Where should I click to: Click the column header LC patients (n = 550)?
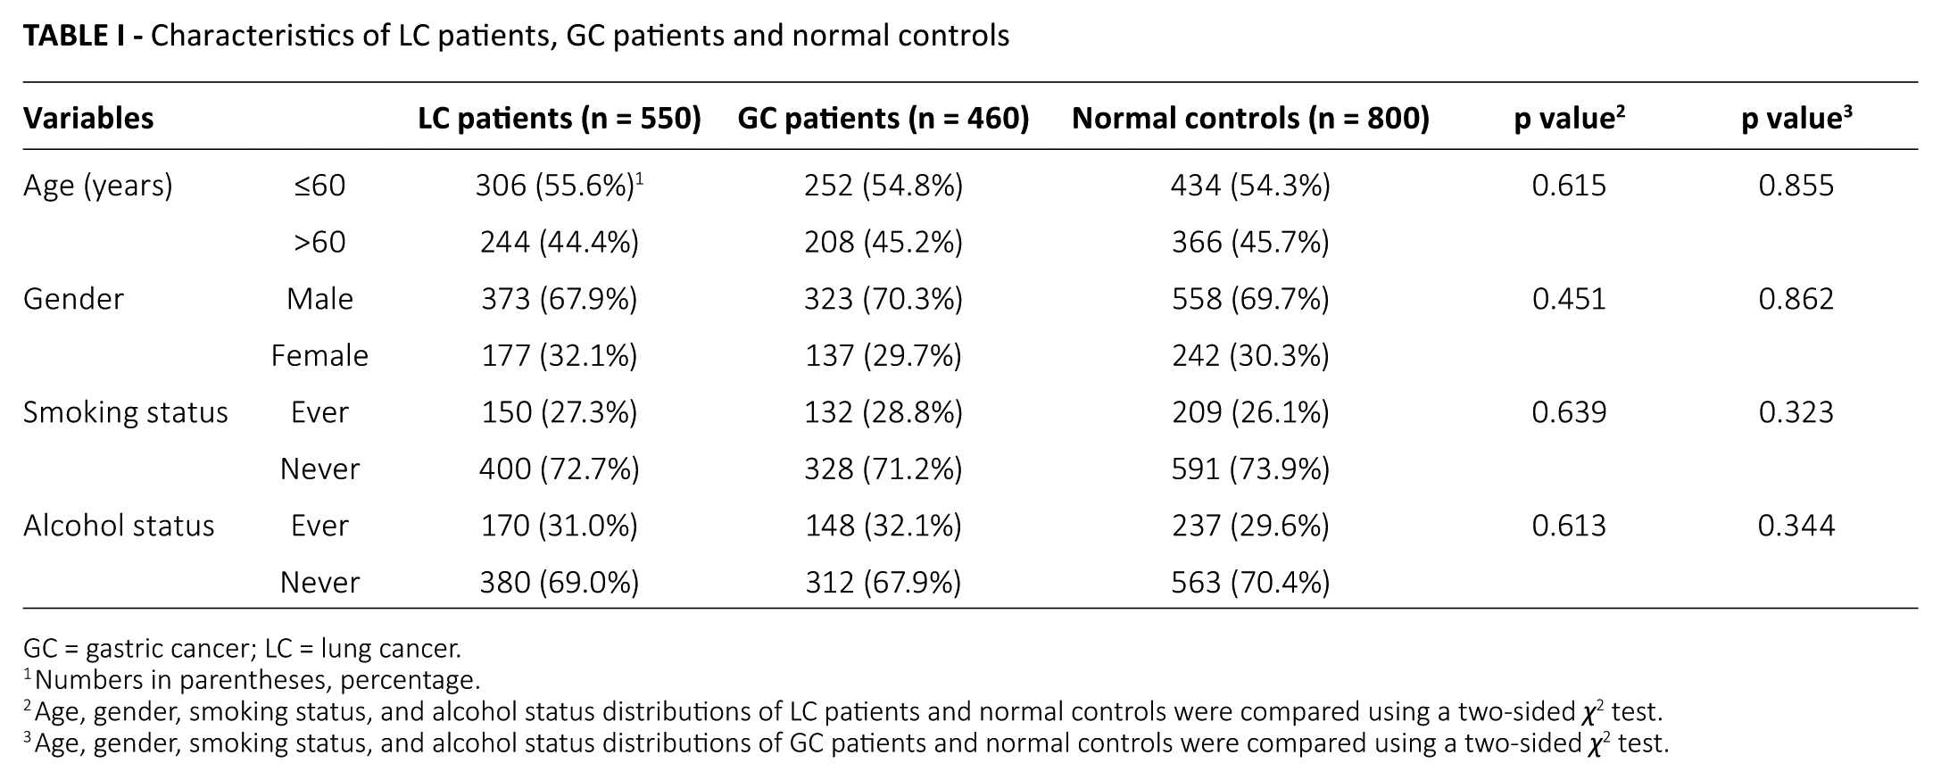click(560, 118)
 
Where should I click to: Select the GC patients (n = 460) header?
click(883, 118)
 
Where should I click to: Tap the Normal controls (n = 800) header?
click(1250, 118)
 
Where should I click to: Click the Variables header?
click(88, 118)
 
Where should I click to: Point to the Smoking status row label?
click(126, 412)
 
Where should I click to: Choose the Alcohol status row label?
click(119, 526)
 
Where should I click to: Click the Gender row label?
click(73, 299)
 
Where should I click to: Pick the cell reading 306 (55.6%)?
click(554, 186)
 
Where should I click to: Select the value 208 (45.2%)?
click(883, 242)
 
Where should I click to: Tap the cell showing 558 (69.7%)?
click(1250, 299)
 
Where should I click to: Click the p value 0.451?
click(1569, 299)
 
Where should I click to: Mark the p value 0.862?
click(1796, 299)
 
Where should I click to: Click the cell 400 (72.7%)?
click(559, 469)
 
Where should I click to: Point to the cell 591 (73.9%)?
click(1250, 469)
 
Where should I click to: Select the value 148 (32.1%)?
click(883, 526)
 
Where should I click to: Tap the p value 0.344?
click(1796, 526)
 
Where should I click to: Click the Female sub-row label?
click(319, 355)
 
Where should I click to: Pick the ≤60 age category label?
click(319, 186)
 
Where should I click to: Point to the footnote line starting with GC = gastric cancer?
click(242, 648)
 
